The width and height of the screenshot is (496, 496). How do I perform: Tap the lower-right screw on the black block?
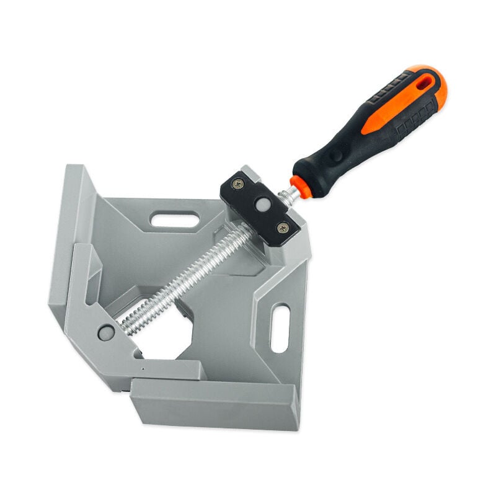(283, 228)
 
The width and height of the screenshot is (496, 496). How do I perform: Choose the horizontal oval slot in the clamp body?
(175, 219)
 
